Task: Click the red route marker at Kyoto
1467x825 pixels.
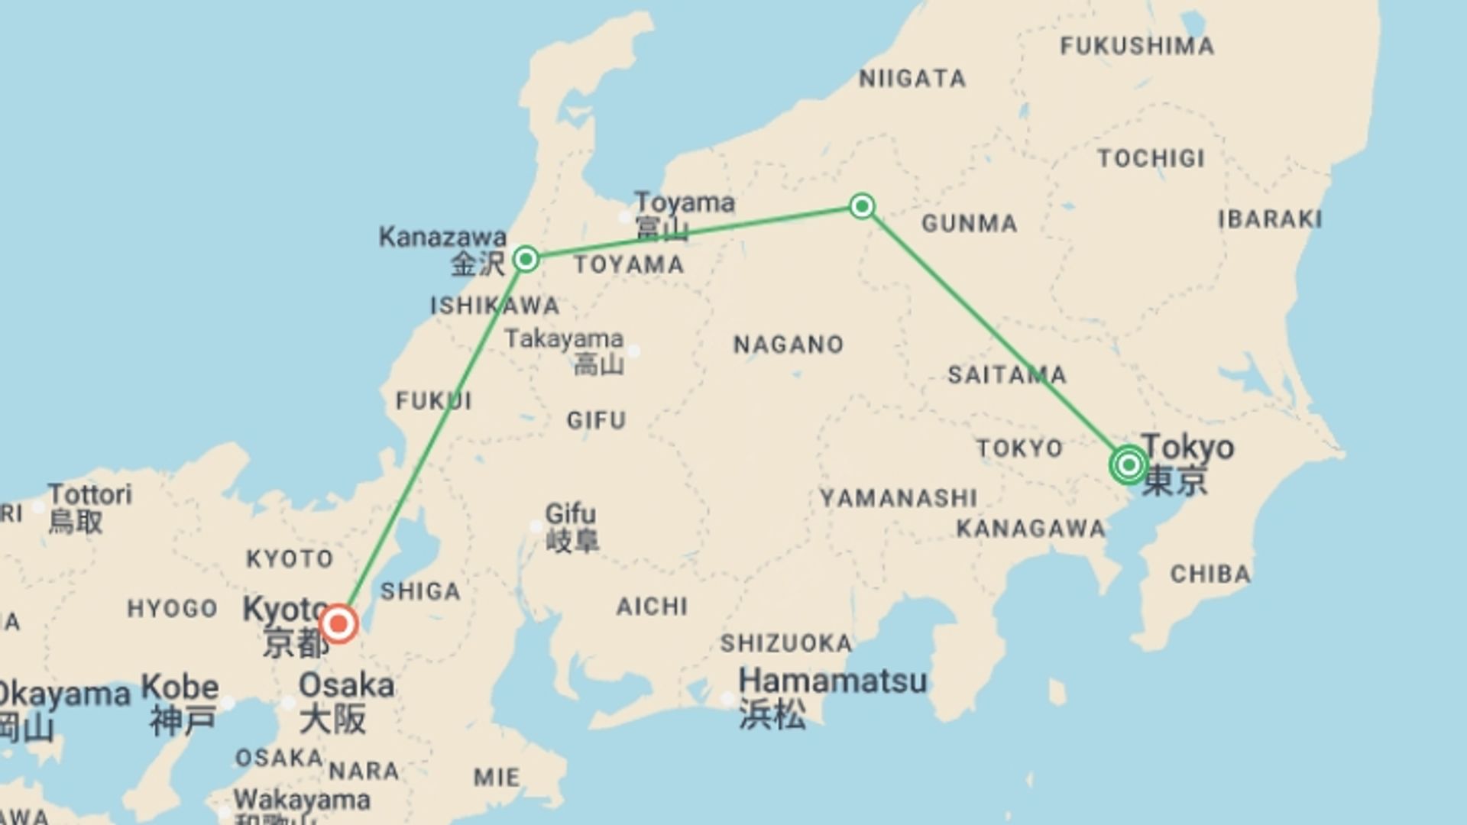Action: pyautogui.click(x=338, y=624)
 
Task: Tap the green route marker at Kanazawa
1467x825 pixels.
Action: pyautogui.click(x=526, y=260)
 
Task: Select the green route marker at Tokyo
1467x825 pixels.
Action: pyautogui.click(x=1129, y=464)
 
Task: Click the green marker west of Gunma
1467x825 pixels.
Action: pyautogui.click(x=862, y=206)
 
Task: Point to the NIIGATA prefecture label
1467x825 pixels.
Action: pyautogui.click(x=912, y=79)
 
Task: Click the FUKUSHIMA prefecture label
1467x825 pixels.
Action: pyautogui.click(x=1137, y=46)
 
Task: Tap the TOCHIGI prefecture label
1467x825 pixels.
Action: pyautogui.click(x=1151, y=159)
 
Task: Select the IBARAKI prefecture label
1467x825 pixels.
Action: pyautogui.click(x=1270, y=219)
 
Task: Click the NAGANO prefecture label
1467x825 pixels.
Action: pyautogui.click(x=789, y=345)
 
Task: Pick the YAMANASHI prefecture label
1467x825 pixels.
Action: pyautogui.click(x=899, y=499)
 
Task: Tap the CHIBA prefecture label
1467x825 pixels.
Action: pyautogui.click(x=1210, y=574)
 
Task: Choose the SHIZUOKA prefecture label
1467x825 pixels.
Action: pyautogui.click(x=786, y=643)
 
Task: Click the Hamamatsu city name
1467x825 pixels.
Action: pyautogui.click(x=833, y=680)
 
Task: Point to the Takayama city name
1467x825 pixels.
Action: pyautogui.click(x=564, y=338)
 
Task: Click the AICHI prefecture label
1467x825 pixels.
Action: pyautogui.click(x=653, y=607)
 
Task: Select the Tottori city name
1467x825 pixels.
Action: pyautogui.click(x=90, y=494)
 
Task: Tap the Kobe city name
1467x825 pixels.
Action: pyautogui.click(x=180, y=686)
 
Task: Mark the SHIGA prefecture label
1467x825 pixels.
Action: pyautogui.click(x=420, y=591)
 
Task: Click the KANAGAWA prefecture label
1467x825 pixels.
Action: pyautogui.click(x=1031, y=529)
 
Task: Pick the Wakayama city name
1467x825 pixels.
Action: pyautogui.click(x=302, y=800)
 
